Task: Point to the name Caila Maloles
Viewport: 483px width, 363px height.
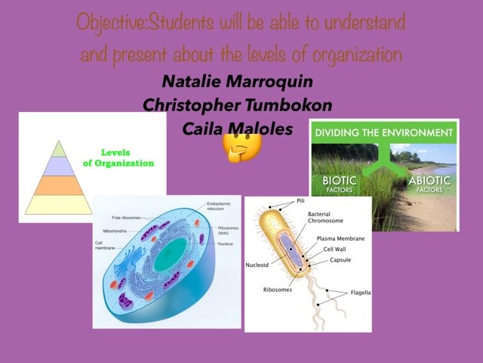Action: point(237,128)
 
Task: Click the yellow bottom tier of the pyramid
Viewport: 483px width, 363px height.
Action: point(57,203)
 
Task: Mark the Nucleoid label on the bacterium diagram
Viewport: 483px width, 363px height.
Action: point(257,265)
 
